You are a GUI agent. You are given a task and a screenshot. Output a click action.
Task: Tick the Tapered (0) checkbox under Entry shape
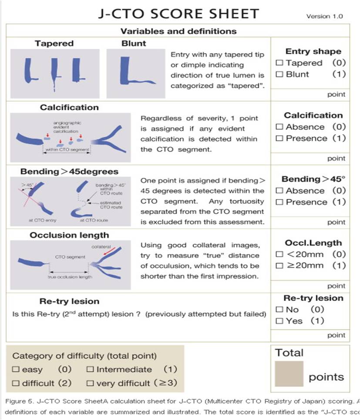click(x=280, y=63)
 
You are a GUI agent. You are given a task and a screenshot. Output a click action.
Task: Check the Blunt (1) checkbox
click(x=280, y=74)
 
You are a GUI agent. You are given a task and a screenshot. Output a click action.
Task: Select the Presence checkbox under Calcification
click(x=280, y=139)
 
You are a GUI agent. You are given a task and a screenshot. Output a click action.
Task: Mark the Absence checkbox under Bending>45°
click(x=280, y=191)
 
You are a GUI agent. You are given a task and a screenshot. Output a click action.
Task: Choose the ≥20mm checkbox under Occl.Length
click(x=280, y=266)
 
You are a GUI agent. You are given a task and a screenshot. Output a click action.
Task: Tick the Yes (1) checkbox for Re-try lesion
click(x=280, y=321)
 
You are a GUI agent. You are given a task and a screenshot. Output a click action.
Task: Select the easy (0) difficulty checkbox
click(x=16, y=369)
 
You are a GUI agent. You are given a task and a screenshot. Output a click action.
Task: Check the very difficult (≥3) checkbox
click(x=90, y=383)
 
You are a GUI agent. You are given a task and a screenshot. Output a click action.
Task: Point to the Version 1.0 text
click(x=325, y=16)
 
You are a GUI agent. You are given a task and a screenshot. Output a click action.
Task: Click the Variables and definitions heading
click(x=178, y=31)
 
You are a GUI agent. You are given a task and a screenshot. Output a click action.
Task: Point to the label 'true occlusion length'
click(x=70, y=277)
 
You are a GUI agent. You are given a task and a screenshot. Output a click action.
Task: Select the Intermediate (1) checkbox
click(x=90, y=369)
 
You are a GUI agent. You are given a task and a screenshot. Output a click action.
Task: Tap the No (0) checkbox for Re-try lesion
click(x=280, y=310)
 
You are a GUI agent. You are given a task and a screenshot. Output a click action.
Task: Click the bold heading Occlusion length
click(x=70, y=235)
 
